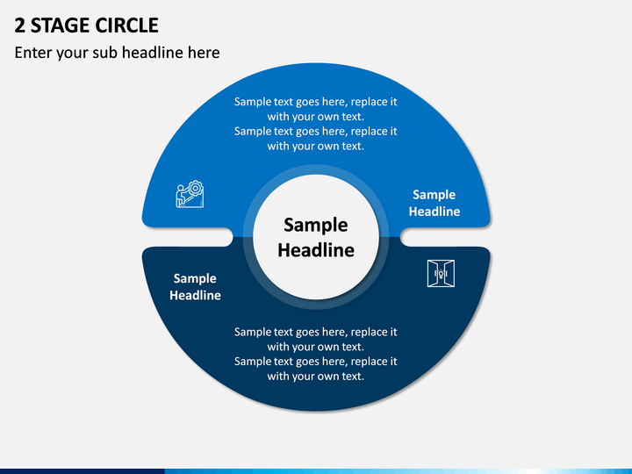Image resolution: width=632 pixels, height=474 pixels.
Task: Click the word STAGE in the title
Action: [x=60, y=25]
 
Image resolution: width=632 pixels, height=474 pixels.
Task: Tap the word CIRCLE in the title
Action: [x=126, y=25]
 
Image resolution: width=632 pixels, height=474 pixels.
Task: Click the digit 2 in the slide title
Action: [x=19, y=25]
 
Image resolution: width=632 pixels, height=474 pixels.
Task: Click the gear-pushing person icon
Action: [x=190, y=194]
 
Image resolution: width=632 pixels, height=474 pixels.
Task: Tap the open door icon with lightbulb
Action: [x=441, y=273]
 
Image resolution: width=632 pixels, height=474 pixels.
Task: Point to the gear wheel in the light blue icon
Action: [x=196, y=188]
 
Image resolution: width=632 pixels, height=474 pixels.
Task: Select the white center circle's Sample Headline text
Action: [x=316, y=237]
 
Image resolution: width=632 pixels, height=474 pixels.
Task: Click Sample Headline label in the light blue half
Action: [x=434, y=203]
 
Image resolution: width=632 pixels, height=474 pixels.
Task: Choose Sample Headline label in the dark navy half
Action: [x=195, y=286]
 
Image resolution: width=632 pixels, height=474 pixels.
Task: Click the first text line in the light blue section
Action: [x=316, y=102]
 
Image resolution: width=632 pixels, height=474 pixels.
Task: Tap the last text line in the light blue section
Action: [x=316, y=146]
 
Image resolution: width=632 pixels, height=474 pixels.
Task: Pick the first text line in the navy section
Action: [x=316, y=332]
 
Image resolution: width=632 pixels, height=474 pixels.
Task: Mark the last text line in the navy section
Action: [x=316, y=376]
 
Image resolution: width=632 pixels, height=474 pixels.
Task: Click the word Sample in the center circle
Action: [x=316, y=225]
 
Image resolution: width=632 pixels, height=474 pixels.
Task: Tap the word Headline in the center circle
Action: [x=316, y=250]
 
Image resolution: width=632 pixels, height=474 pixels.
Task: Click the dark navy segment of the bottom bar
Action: [x=83, y=471]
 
